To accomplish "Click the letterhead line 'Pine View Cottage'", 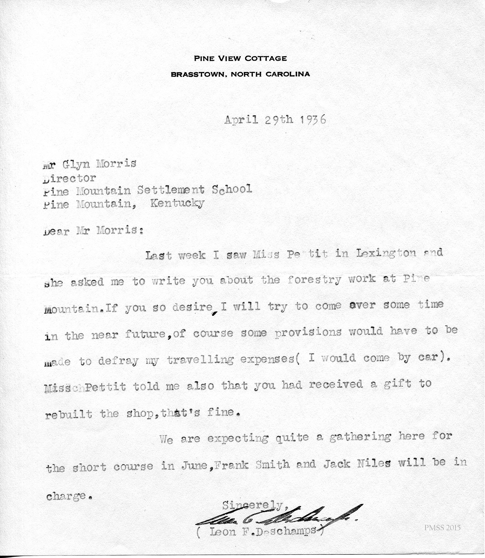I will (240, 58).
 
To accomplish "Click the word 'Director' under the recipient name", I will (70, 178).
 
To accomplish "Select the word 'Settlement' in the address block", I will (170, 190).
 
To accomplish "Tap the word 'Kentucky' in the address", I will (177, 204).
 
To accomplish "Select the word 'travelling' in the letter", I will (200, 360).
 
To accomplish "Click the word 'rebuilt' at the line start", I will (69, 414).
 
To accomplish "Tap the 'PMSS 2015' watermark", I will (443, 528).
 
